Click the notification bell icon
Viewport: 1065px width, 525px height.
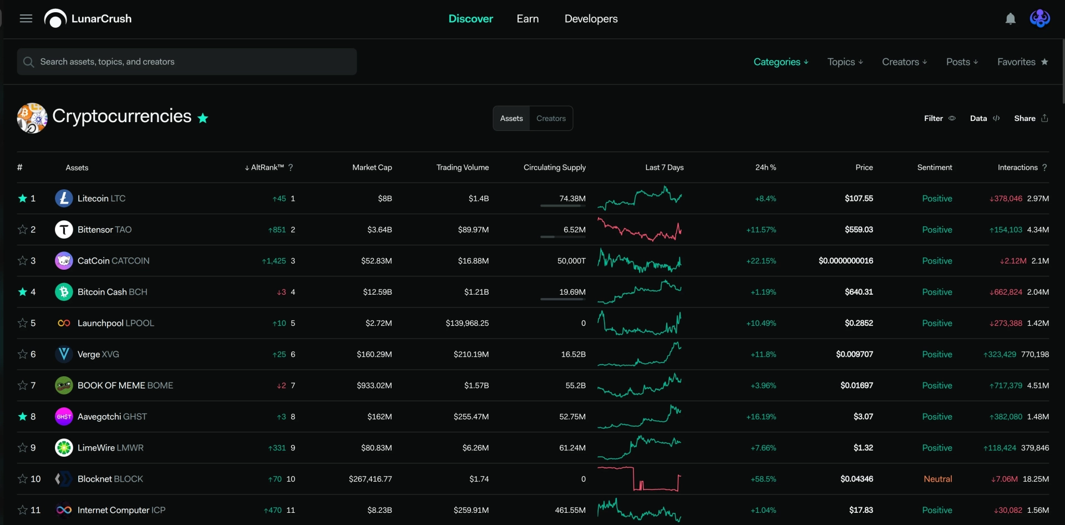coord(1011,19)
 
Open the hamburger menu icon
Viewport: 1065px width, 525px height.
coord(26,18)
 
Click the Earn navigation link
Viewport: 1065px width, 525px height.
coord(528,18)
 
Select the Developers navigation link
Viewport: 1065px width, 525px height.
coord(591,19)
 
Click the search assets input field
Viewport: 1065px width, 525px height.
coord(187,62)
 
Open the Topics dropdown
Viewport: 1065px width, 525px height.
coord(845,62)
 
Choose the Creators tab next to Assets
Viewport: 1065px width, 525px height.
coord(551,118)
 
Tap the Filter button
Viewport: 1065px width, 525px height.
coord(940,118)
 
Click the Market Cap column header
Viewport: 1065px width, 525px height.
coord(372,167)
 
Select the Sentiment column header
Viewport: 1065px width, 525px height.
coord(934,167)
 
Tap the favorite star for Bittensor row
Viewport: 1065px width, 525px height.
coord(23,229)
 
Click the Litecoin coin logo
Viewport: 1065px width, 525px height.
coord(64,198)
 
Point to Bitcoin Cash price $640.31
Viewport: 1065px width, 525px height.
coord(859,292)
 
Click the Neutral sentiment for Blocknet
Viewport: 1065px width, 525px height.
coord(937,479)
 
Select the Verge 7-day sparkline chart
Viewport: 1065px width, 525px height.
coord(640,354)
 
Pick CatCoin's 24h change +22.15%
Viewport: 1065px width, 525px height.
coord(761,261)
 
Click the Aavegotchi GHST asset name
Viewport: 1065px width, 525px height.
coord(112,417)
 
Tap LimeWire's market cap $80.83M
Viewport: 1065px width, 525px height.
coord(376,448)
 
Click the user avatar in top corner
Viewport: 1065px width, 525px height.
coord(1039,18)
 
